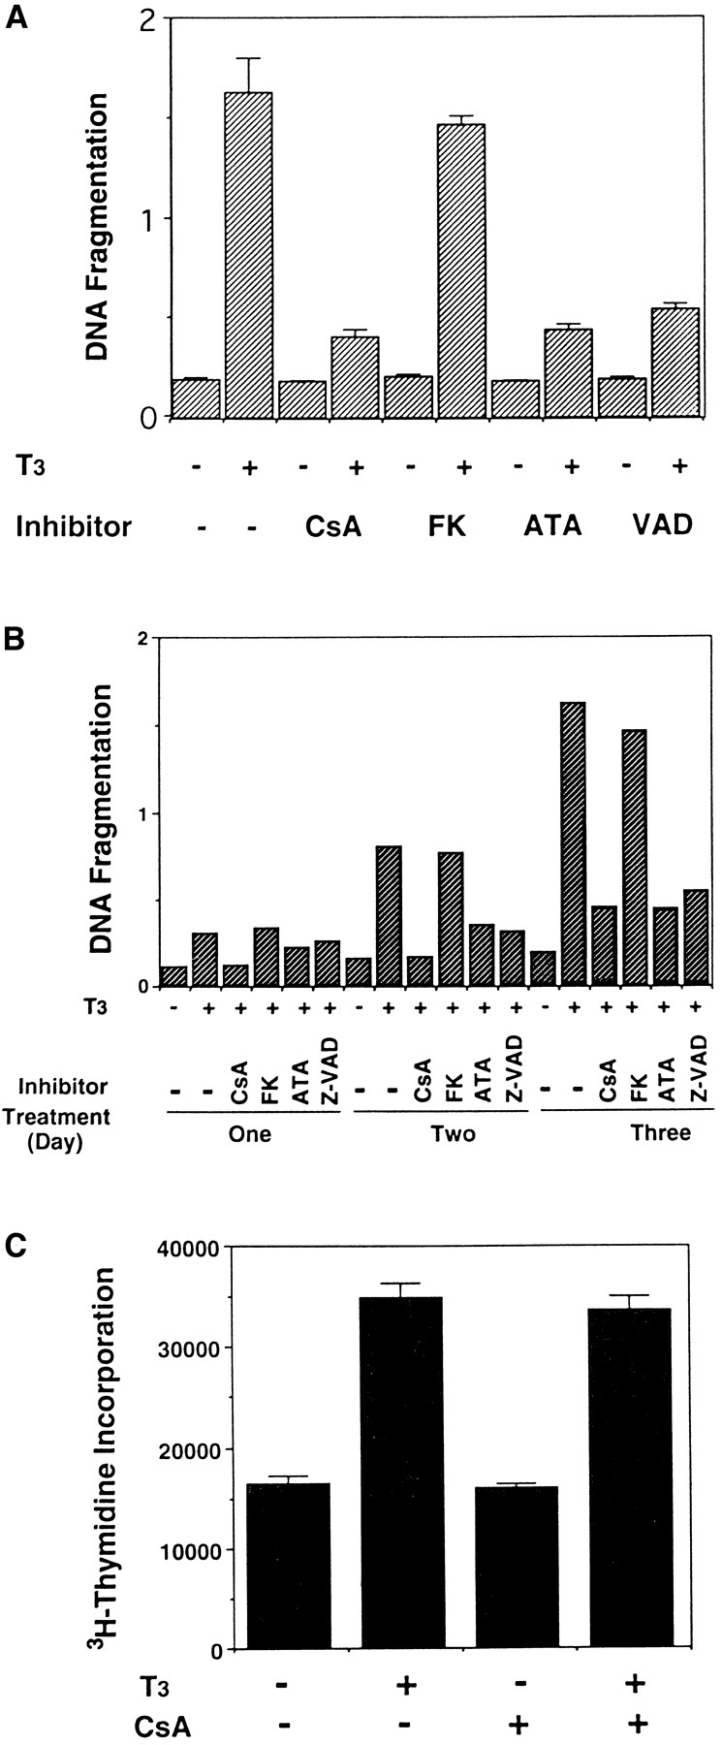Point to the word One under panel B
(x=252, y=1132)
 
